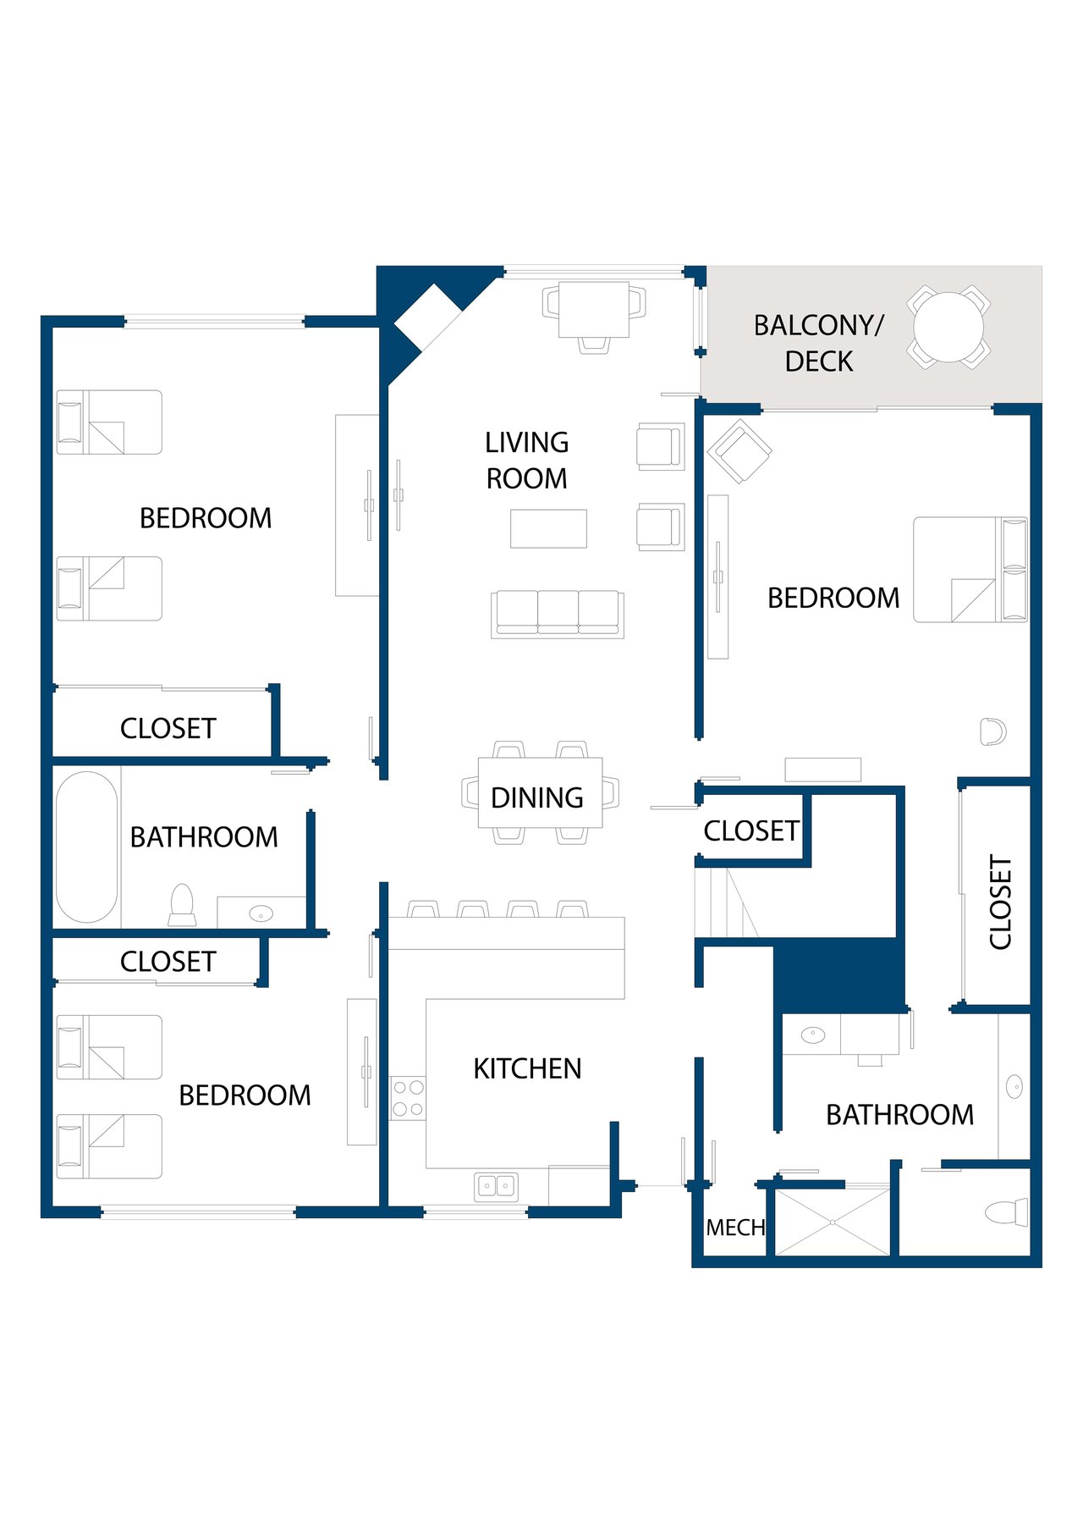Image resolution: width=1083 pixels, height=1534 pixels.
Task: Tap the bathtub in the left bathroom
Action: click(86, 847)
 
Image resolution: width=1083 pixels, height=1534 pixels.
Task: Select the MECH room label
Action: click(735, 1227)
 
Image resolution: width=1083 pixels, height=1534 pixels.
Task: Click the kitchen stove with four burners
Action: click(408, 1098)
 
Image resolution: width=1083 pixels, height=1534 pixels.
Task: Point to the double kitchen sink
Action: click(496, 1185)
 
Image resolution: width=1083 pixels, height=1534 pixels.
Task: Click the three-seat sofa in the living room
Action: click(558, 614)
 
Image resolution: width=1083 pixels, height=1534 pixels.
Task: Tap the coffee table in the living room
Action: click(548, 528)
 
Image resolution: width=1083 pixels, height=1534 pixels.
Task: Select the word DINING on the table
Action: click(537, 797)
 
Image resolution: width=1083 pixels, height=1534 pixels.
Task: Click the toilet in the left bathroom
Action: click(183, 905)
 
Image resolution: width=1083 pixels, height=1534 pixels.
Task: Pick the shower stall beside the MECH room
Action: click(833, 1222)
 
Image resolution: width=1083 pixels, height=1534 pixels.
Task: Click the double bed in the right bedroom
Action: click(970, 570)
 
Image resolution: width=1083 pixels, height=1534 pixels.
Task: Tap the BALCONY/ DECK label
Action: click(818, 343)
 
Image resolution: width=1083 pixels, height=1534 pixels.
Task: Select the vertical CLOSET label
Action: click(1000, 902)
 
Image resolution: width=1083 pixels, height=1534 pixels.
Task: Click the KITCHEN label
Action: click(527, 1068)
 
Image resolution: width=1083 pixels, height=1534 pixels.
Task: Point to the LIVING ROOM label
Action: click(526, 460)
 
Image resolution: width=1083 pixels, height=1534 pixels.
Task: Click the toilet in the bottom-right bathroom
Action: click(1008, 1211)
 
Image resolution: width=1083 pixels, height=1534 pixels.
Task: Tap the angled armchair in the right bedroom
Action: click(739, 451)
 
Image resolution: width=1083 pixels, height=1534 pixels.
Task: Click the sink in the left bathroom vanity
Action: click(261, 913)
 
